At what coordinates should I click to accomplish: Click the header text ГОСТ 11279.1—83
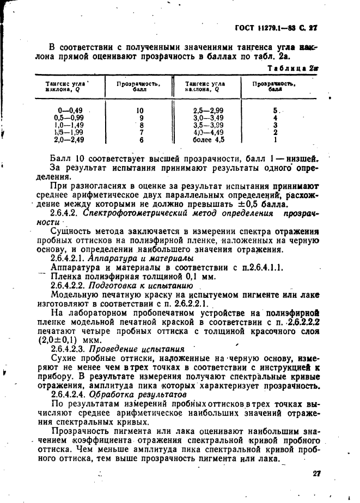[x=265, y=27]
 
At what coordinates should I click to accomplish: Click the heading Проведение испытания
[x=137, y=348]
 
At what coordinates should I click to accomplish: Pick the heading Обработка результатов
[x=138, y=394]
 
